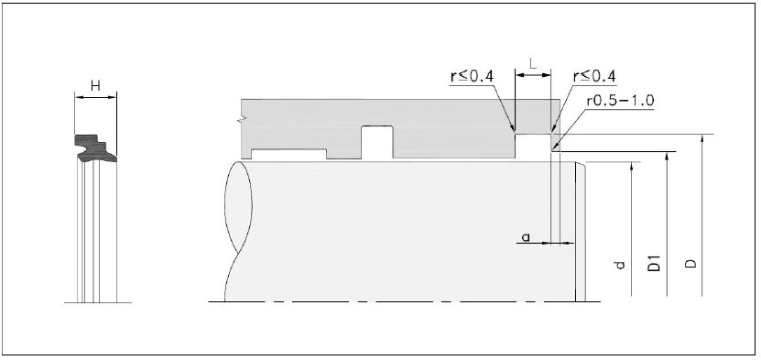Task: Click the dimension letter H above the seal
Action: [95, 86]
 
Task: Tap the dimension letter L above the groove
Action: [533, 63]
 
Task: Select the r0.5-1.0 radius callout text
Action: [620, 101]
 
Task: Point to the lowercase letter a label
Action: [526, 237]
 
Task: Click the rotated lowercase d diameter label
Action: [619, 265]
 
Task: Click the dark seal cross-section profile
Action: [95, 148]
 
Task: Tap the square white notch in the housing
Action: [377, 142]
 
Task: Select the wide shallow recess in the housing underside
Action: [288, 154]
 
